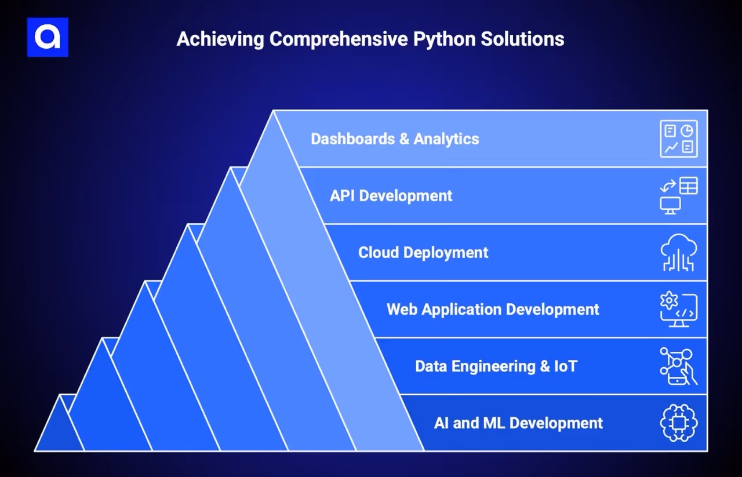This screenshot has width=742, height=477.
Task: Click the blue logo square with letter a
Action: pos(48,37)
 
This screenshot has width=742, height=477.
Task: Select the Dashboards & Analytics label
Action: pos(395,139)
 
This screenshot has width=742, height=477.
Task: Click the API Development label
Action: pos(391,196)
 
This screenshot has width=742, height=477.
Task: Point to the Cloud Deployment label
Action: pos(423,253)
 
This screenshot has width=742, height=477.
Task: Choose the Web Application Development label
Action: pos(493,309)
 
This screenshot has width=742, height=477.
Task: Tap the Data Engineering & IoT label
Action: pos(496,366)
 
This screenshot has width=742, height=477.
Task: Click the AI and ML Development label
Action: pos(518,423)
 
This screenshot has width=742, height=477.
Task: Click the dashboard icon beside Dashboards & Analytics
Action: pos(678,139)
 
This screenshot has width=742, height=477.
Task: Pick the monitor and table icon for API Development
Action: pos(678,195)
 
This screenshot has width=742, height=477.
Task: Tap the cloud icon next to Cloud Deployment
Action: pos(678,253)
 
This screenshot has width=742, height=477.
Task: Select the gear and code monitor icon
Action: pos(678,309)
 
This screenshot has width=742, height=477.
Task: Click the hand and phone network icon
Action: pos(678,366)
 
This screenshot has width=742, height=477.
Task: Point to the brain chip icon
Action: pos(678,423)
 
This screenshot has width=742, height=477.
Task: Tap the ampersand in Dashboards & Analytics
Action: pos(404,139)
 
